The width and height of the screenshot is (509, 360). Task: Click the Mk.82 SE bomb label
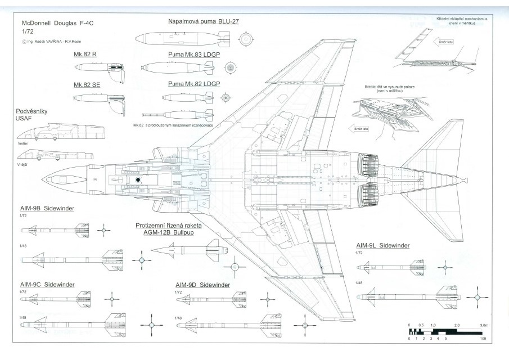point(87,84)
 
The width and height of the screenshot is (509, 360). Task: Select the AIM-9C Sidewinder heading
point(47,284)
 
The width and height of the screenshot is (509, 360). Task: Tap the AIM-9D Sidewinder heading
point(202,285)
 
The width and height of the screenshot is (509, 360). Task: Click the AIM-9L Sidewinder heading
point(382,245)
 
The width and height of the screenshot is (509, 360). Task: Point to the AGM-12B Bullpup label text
point(168,232)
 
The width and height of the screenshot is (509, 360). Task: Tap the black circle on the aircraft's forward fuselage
point(138,180)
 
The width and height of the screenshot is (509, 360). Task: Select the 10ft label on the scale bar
point(483,339)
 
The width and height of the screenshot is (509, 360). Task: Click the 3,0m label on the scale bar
point(483,326)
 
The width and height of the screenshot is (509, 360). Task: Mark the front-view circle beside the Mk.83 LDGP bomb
point(229,68)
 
